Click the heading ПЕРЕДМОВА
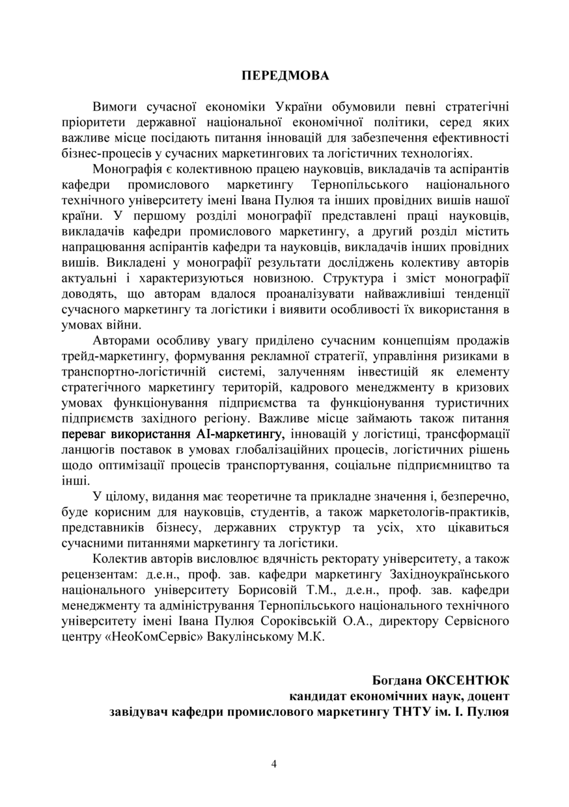pyautogui.click(x=285, y=75)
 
